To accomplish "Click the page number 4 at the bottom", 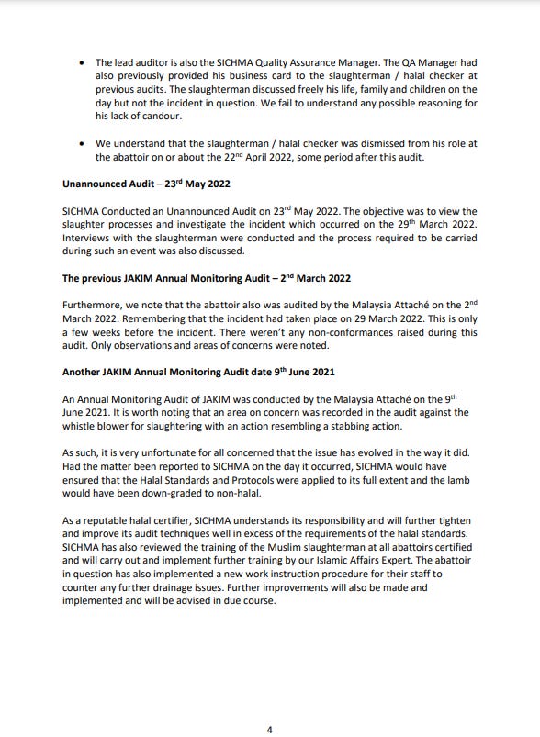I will click(x=269, y=704).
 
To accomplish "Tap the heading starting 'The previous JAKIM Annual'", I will click(x=206, y=278).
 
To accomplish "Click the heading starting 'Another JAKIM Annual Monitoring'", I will click(x=198, y=372).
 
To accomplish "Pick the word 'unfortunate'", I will click(x=176, y=452).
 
